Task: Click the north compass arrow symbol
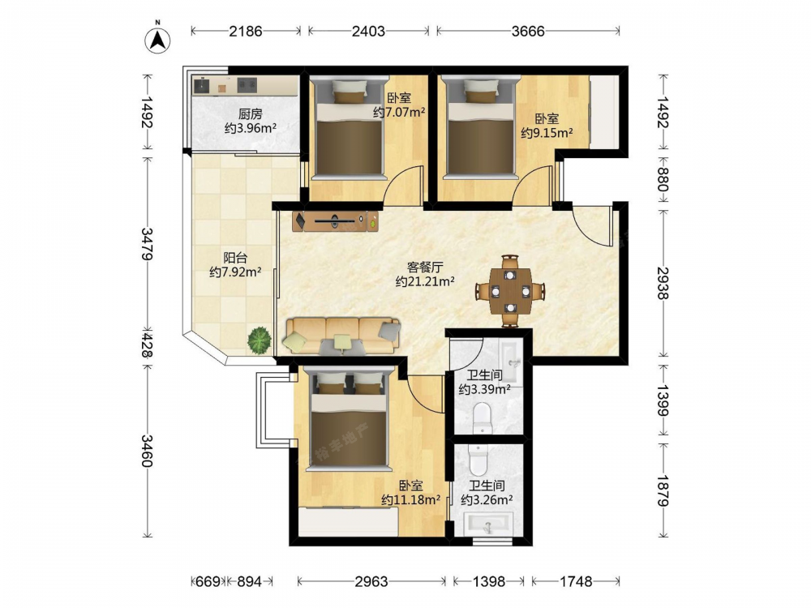(x=158, y=39)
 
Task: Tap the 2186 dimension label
(x=246, y=31)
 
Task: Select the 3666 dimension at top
(x=528, y=31)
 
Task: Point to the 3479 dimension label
(x=147, y=243)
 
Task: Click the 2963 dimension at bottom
(x=371, y=581)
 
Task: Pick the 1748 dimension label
(x=576, y=581)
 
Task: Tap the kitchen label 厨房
(x=251, y=114)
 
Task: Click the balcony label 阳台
(x=235, y=258)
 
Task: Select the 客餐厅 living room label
(x=425, y=268)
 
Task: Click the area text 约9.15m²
(x=547, y=133)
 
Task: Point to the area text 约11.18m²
(x=410, y=500)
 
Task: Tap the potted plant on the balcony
(x=260, y=340)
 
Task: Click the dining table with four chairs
(x=510, y=291)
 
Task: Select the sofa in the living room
(x=342, y=336)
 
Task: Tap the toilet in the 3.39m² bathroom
(x=483, y=417)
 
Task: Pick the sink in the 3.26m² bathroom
(x=487, y=523)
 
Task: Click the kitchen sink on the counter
(x=247, y=85)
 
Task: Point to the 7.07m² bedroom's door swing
(x=403, y=184)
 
